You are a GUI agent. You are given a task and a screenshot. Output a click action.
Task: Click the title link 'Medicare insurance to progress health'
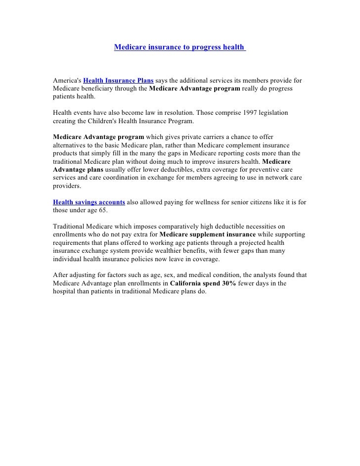(x=179, y=47)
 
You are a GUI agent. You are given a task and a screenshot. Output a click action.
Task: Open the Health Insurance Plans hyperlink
(x=119, y=80)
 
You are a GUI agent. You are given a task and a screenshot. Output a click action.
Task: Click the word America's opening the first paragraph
(x=66, y=80)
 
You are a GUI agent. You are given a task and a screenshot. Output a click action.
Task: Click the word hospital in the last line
(x=65, y=292)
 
